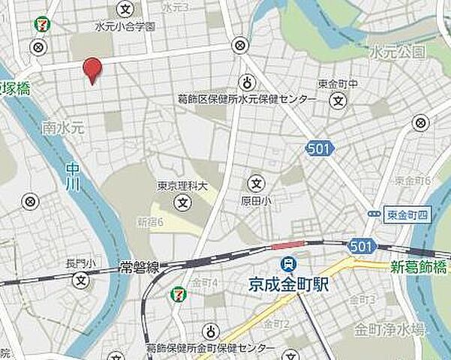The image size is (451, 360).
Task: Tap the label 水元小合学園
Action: pos(125,26)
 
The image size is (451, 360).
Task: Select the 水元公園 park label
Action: pos(398,52)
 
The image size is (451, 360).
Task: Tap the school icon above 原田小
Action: pos(257,182)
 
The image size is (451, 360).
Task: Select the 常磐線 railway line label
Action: pos(138,265)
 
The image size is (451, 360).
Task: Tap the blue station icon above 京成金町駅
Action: pos(287,264)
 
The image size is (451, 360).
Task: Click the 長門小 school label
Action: pos(81,263)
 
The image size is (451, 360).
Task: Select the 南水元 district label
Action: pos(60,127)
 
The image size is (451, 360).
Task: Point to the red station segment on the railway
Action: pos(288,245)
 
